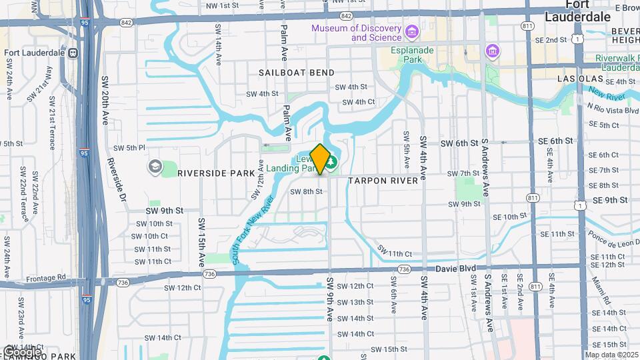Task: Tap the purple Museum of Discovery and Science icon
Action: point(411,31)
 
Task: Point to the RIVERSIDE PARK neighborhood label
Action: point(216,173)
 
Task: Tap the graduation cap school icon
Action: point(155,166)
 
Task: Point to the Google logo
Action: point(22,351)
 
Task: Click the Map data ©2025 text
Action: point(611,355)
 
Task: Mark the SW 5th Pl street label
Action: point(129,147)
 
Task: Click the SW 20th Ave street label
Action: point(105,100)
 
